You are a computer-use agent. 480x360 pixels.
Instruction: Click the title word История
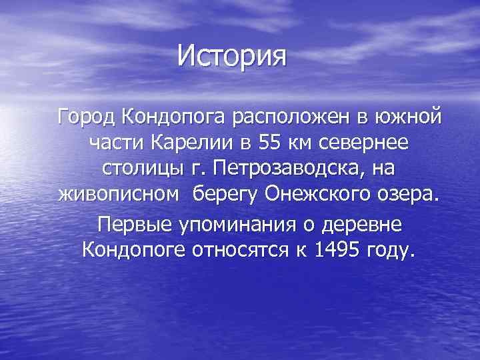point(231,57)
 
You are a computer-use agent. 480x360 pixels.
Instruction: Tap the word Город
point(87,119)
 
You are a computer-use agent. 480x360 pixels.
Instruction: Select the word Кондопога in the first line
point(174,119)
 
